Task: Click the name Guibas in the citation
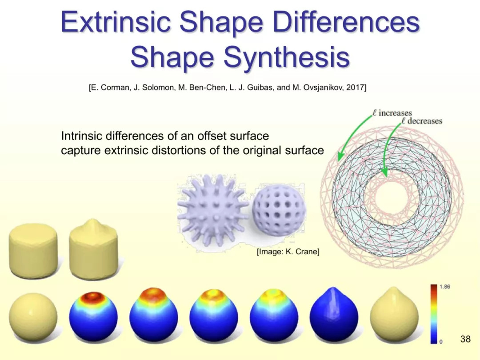click(x=260, y=88)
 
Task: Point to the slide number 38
click(x=465, y=339)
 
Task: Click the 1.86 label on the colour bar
click(x=445, y=287)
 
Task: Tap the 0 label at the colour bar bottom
click(x=441, y=342)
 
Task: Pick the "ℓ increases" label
click(x=392, y=113)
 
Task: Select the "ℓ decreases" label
click(x=422, y=121)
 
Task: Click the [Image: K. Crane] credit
click(x=288, y=252)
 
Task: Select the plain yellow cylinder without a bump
click(x=33, y=250)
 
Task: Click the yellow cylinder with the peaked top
click(x=93, y=249)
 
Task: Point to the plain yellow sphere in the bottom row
click(x=33, y=317)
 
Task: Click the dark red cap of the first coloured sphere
click(x=93, y=296)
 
